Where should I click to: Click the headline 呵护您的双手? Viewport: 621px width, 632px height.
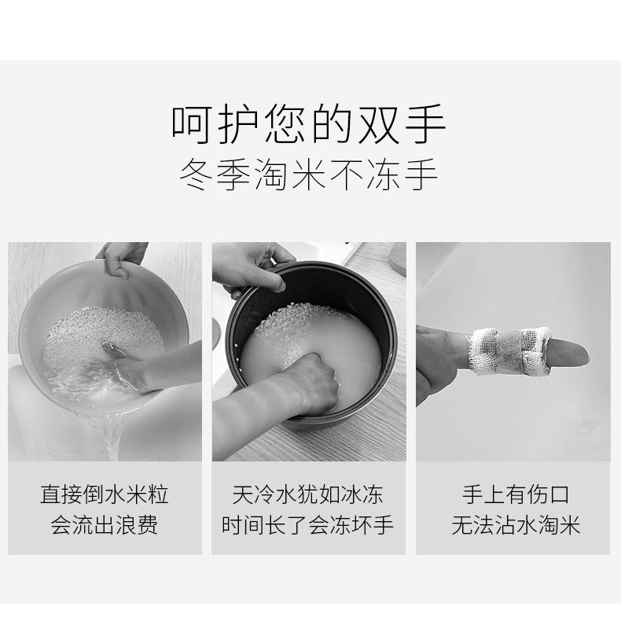pyautogui.click(x=309, y=125)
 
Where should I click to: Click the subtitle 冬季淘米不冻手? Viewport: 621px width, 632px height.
pyautogui.click(x=309, y=175)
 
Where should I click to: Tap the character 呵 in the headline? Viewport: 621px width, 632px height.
pyautogui.click(x=191, y=125)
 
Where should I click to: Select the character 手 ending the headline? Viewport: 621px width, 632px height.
pyautogui.click(x=427, y=125)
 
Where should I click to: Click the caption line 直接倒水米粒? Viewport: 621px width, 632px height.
pyautogui.click(x=105, y=494)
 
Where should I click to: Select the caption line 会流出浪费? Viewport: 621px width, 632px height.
pyautogui.click(x=105, y=524)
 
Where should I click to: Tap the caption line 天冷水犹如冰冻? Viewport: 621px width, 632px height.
pyautogui.click(x=308, y=494)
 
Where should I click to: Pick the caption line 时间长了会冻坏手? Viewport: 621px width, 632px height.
pyautogui.click(x=308, y=524)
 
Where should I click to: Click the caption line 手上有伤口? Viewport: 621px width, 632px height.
pyautogui.click(x=516, y=494)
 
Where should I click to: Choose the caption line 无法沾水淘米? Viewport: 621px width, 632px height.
pyautogui.click(x=516, y=524)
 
